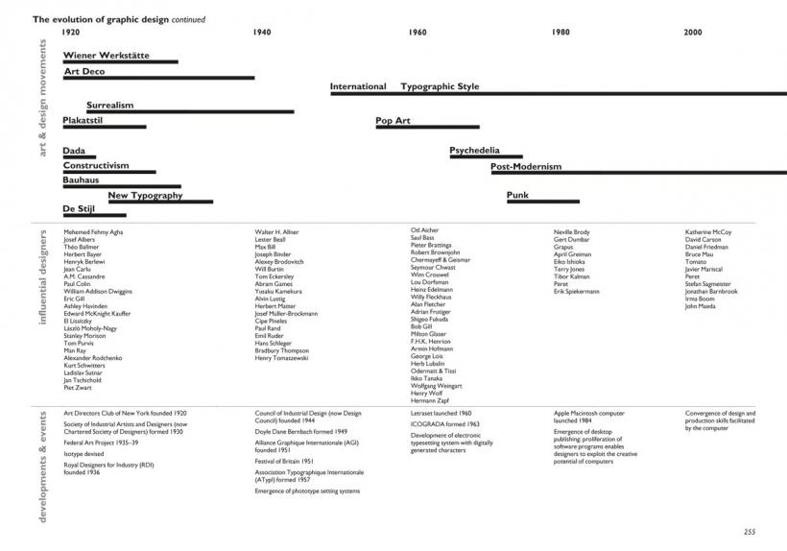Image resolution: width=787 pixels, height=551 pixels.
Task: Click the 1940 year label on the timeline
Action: [262, 33]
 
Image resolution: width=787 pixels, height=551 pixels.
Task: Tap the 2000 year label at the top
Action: [693, 33]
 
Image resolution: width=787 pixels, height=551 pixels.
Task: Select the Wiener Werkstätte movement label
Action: [106, 56]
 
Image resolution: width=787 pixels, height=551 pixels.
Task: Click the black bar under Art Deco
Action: [158, 78]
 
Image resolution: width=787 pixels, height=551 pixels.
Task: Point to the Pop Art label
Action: [393, 121]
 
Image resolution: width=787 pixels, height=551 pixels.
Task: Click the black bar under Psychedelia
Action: [487, 156]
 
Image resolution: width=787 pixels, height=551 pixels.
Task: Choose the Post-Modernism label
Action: [526, 166]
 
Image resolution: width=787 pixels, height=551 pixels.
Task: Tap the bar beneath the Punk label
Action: [542, 202]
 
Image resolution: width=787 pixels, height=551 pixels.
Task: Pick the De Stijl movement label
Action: [83, 208]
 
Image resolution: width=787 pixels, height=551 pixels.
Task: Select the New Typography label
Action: [145, 196]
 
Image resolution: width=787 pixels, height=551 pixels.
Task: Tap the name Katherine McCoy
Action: [708, 232]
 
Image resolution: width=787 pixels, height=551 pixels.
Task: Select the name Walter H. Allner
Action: [277, 232]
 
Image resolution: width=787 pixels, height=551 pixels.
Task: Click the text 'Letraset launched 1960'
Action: [441, 413]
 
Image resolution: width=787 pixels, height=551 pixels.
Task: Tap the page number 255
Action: [750, 532]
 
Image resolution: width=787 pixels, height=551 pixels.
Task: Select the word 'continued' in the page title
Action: [188, 19]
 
